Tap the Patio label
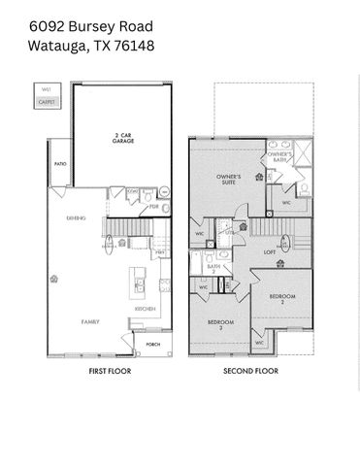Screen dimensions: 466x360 click(x=60, y=165)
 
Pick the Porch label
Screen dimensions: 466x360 click(x=153, y=343)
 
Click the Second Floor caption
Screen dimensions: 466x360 click(x=250, y=371)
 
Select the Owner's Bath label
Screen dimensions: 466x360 click(x=280, y=155)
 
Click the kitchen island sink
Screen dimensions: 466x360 click(x=142, y=284)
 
